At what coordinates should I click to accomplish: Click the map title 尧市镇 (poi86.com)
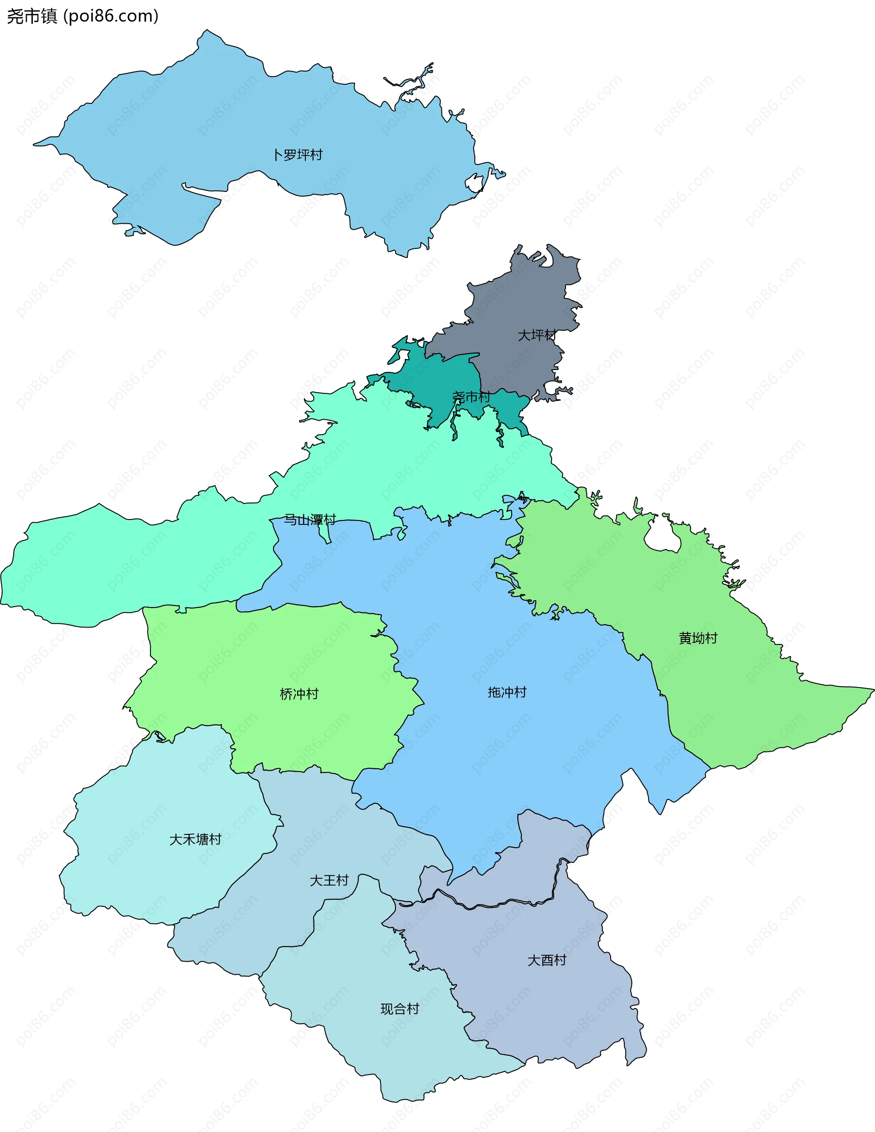pos(82,16)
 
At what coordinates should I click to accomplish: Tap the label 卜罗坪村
pos(298,155)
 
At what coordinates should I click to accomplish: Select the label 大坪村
pos(537,335)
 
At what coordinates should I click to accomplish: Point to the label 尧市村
pos(471,397)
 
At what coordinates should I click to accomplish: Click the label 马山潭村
pos(310,520)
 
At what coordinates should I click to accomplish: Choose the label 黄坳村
pos(698,638)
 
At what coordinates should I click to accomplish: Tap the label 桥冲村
pos(299,694)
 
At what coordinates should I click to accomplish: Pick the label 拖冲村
pos(507,693)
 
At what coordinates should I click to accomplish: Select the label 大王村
pos(329,880)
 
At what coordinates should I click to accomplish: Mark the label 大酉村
pos(547,961)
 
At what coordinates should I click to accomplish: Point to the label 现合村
pos(400,1009)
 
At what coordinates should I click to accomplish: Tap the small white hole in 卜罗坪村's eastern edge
pos(474,183)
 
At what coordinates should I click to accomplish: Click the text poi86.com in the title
pos(111,16)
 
